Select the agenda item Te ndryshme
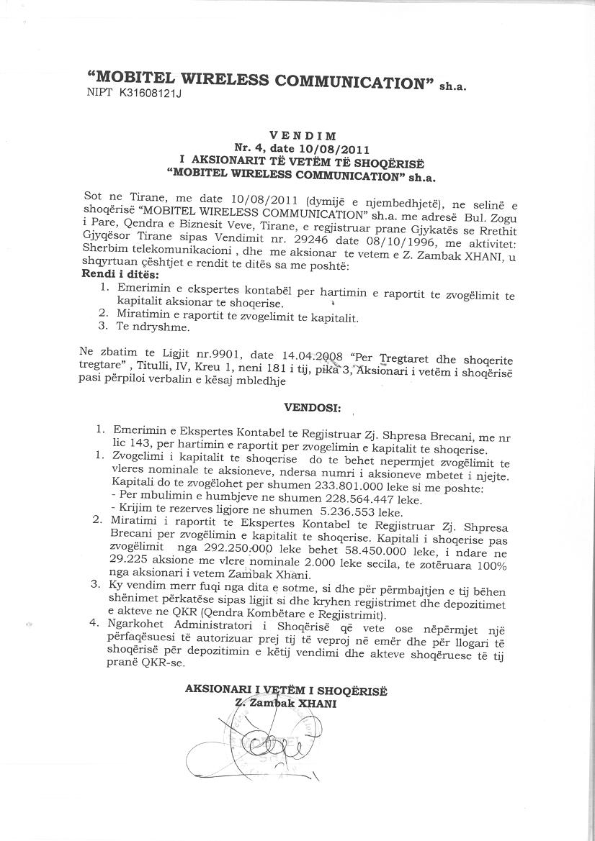[153, 327]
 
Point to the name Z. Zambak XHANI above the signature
[286, 702]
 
